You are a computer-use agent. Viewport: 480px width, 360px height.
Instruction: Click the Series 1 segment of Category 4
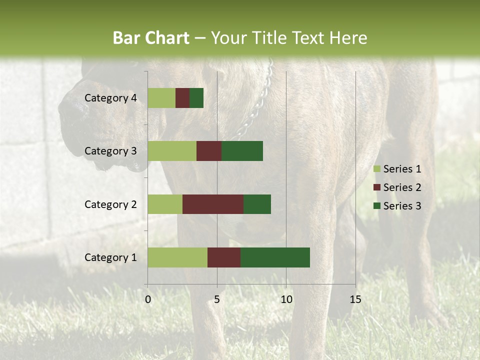click(161, 98)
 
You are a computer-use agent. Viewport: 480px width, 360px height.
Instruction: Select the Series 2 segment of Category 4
click(182, 98)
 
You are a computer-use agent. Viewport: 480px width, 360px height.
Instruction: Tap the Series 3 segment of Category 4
click(196, 98)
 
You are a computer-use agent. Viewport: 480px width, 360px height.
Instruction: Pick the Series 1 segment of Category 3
click(172, 151)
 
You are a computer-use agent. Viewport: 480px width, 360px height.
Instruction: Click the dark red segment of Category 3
click(209, 151)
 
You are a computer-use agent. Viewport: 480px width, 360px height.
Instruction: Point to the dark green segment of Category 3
click(242, 151)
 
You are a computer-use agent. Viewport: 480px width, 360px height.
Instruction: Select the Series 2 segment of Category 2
click(213, 204)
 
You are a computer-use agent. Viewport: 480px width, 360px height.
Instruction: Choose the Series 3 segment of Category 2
click(257, 204)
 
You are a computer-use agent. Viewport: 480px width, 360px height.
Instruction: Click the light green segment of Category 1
click(177, 257)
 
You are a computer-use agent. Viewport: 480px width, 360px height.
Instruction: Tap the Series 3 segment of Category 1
click(275, 257)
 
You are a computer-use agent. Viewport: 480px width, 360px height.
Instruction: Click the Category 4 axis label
click(110, 98)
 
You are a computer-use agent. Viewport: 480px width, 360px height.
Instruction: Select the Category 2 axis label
click(110, 204)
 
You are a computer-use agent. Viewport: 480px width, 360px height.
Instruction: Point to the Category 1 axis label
click(110, 257)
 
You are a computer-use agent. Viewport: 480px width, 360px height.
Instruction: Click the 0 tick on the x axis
click(148, 299)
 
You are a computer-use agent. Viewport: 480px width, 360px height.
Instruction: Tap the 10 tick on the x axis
click(286, 299)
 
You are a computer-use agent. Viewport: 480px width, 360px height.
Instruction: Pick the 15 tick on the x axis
click(355, 299)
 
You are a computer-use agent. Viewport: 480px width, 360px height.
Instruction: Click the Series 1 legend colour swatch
click(376, 169)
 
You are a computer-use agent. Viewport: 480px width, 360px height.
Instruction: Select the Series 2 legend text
click(402, 187)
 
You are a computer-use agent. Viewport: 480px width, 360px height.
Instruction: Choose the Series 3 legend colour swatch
click(376, 206)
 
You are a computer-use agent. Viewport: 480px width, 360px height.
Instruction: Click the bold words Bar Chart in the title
click(151, 38)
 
